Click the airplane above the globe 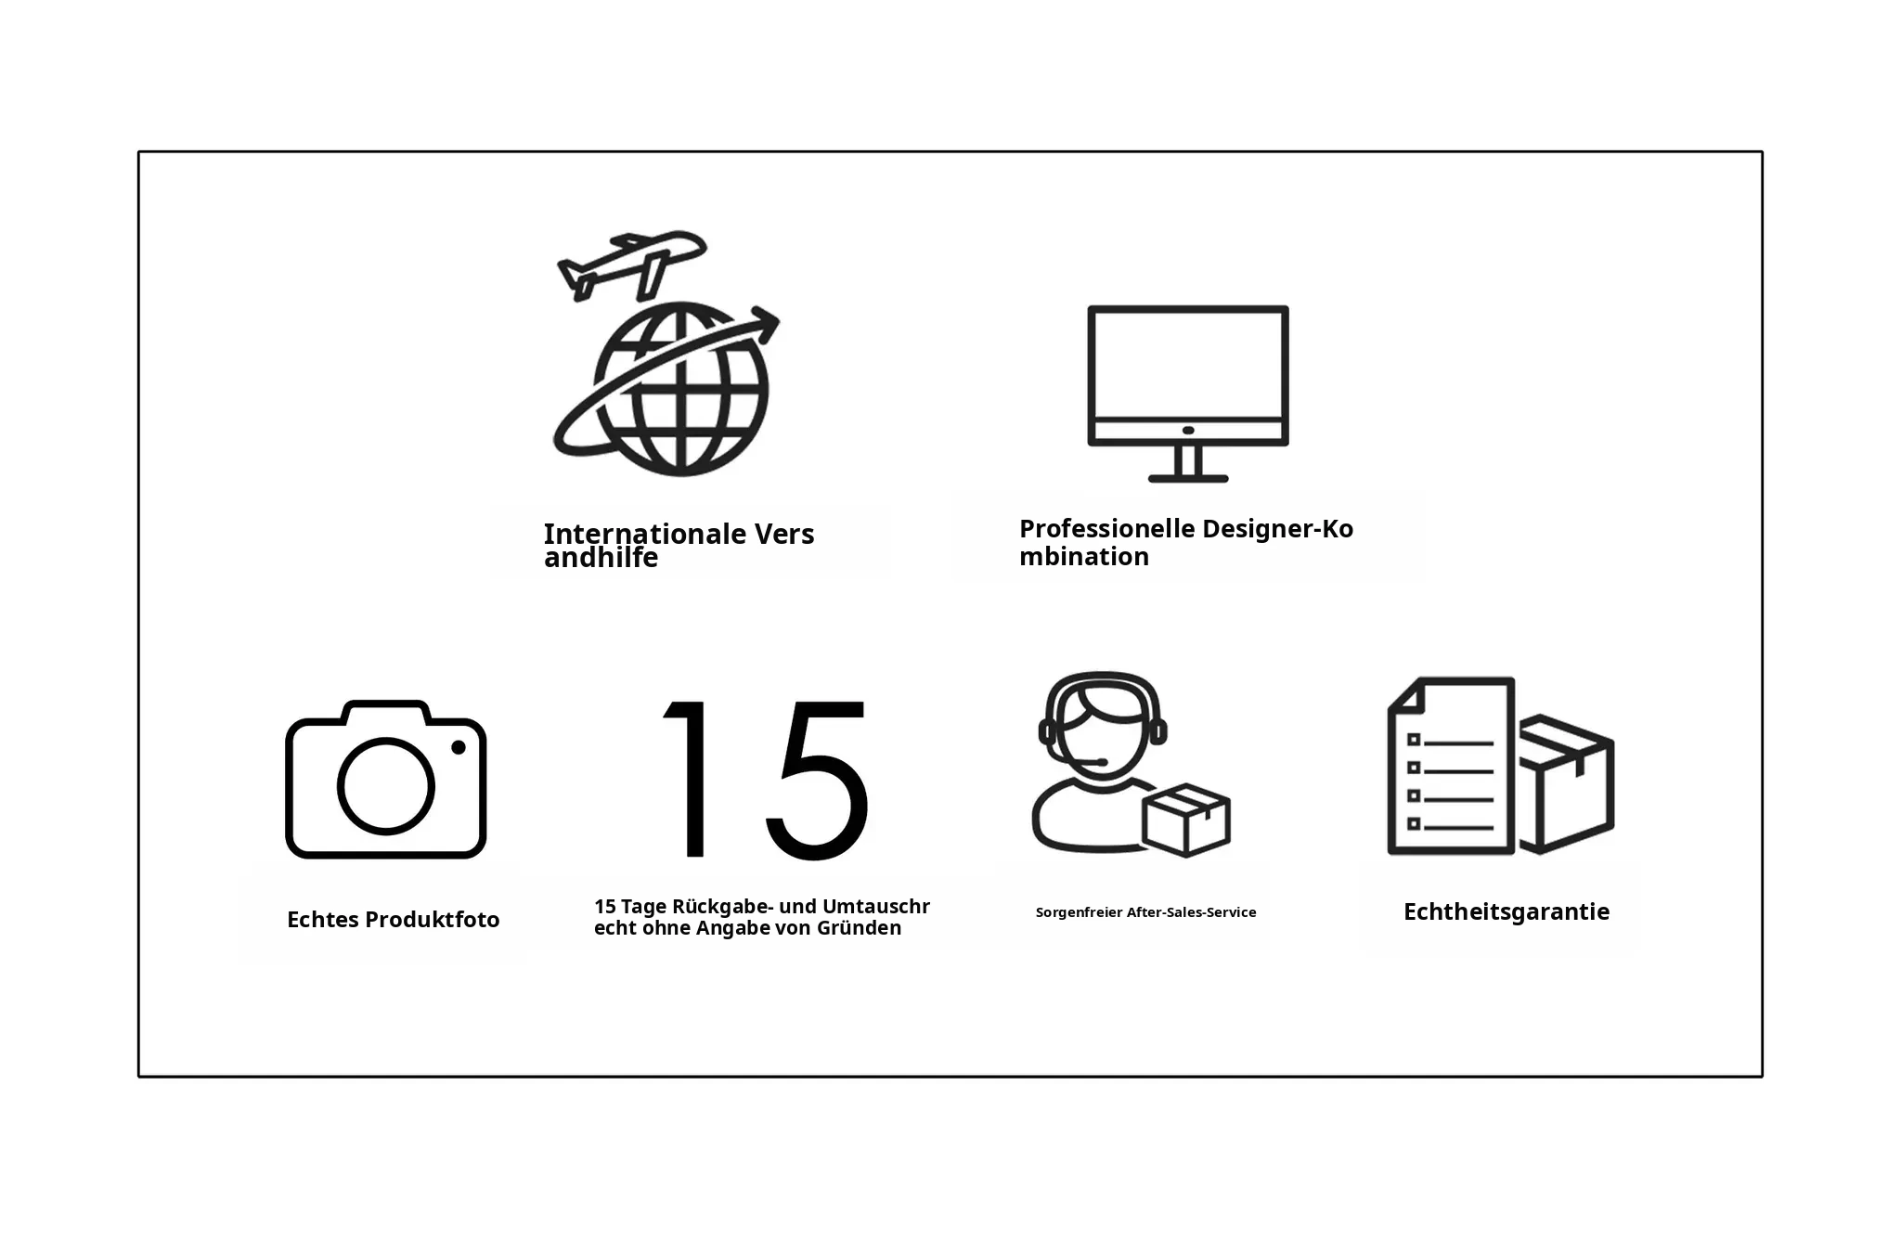click(x=631, y=264)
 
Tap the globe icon click(x=681, y=389)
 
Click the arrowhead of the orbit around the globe click(x=766, y=324)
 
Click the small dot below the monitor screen click(x=1188, y=431)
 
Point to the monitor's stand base click(x=1188, y=478)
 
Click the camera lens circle click(x=385, y=786)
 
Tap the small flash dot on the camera click(x=459, y=747)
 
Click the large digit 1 click(x=688, y=778)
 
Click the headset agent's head click(x=1104, y=729)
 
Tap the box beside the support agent click(x=1186, y=820)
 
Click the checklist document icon click(x=1451, y=766)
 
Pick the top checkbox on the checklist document click(x=1414, y=740)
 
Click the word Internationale click(x=645, y=534)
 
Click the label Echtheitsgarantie click(x=1507, y=912)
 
